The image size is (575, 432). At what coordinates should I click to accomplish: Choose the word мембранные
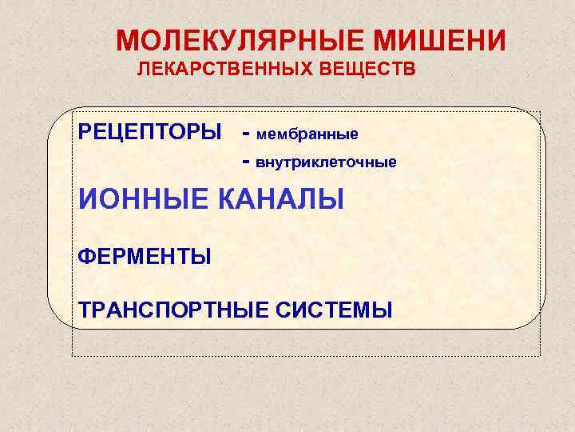tap(307, 132)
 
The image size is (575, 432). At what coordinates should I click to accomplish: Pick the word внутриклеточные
tap(325, 162)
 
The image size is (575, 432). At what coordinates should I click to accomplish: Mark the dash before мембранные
tap(246, 132)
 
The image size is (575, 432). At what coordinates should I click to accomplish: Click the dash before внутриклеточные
tap(246, 162)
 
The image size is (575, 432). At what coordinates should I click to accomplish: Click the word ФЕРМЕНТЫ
tap(145, 258)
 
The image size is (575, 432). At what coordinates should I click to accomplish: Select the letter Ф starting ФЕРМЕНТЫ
tap(85, 258)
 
